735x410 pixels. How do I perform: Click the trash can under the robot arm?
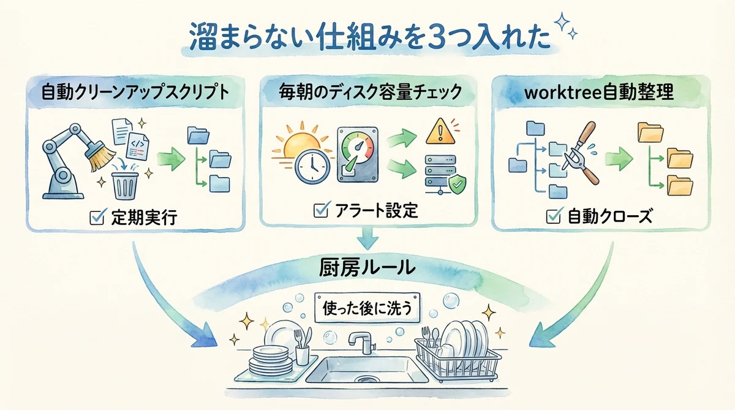click(x=125, y=184)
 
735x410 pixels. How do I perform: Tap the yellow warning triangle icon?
click(x=439, y=131)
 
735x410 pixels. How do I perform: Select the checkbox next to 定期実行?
click(x=97, y=218)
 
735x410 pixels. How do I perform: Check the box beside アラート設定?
click(x=319, y=211)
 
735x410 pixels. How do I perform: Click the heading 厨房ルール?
click(x=367, y=268)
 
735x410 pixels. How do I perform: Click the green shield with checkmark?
click(x=457, y=183)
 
